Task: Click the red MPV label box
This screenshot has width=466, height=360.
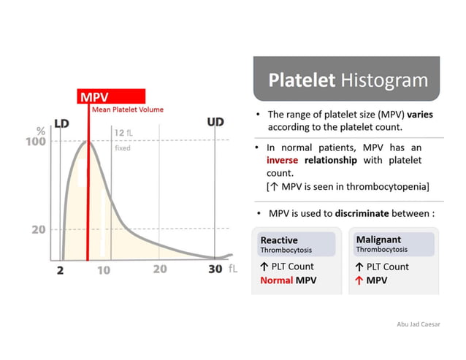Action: click(111, 96)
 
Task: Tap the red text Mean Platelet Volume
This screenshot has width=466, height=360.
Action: click(128, 110)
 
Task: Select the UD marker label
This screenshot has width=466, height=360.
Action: click(215, 122)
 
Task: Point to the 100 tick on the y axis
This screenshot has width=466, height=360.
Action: click(38, 141)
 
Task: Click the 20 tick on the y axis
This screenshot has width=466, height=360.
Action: click(39, 229)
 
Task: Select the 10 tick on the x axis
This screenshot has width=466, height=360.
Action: click(104, 269)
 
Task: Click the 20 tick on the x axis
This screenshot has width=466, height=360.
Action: click(160, 269)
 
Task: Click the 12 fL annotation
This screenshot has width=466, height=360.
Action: click(123, 133)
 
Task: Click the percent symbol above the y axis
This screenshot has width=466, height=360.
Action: click(42, 130)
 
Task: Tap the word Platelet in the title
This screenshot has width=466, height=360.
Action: click(302, 80)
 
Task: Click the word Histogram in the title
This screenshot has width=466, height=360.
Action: click(384, 80)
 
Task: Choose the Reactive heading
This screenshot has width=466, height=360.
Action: click(279, 240)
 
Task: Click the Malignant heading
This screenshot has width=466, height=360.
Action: click(378, 240)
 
